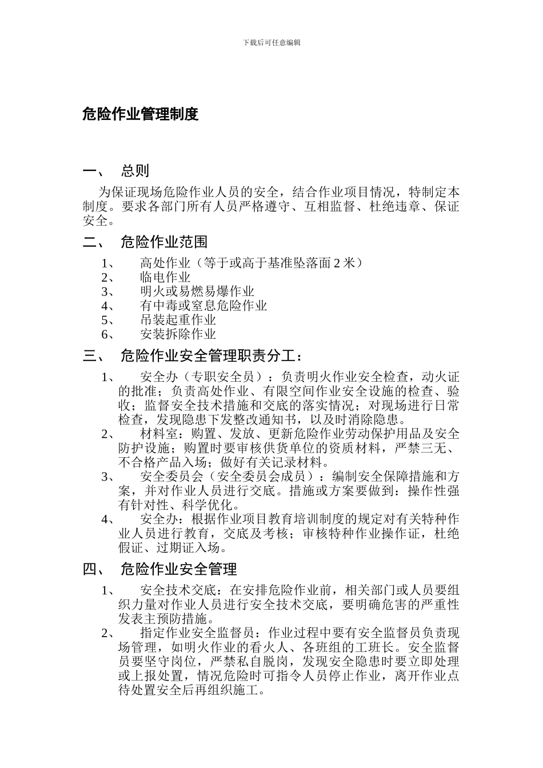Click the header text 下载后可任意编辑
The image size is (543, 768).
(x=271, y=43)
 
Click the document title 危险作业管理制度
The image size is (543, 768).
(x=140, y=114)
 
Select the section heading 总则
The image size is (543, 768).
(x=135, y=171)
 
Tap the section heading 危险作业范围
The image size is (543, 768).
(x=163, y=242)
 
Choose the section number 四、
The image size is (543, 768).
(x=93, y=569)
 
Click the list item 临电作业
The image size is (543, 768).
(x=165, y=278)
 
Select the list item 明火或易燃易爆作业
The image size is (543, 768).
(x=197, y=292)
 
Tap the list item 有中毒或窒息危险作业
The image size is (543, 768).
(x=203, y=306)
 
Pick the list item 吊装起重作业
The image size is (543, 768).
(x=178, y=320)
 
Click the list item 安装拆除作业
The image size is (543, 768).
(x=178, y=334)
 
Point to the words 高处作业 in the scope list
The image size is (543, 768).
(x=165, y=263)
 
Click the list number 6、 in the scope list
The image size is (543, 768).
(x=109, y=334)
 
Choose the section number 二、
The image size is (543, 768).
(x=93, y=242)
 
